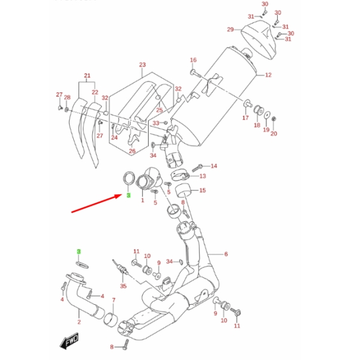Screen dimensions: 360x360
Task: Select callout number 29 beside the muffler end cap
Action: tap(230, 29)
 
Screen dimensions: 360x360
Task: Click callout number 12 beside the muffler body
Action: tap(268, 76)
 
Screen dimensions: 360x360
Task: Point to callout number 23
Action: tap(142, 65)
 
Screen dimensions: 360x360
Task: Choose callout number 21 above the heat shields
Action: tap(87, 76)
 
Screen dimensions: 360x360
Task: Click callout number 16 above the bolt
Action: tap(193, 60)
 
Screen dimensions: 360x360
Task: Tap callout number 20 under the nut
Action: tap(274, 134)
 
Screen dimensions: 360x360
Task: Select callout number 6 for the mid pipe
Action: tap(226, 254)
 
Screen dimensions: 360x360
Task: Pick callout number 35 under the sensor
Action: tap(124, 286)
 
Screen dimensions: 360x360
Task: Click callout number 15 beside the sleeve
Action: tap(202, 191)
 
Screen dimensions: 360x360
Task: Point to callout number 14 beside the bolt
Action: tap(214, 166)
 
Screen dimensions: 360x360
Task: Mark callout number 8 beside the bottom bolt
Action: tap(112, 347)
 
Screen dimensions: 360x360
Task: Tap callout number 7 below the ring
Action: tap(113, 299)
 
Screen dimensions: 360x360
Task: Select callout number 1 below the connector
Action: tap(143, 200)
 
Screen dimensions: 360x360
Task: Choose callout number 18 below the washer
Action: tap(257, 126)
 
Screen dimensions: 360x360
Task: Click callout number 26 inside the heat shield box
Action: tap(132, 151)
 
